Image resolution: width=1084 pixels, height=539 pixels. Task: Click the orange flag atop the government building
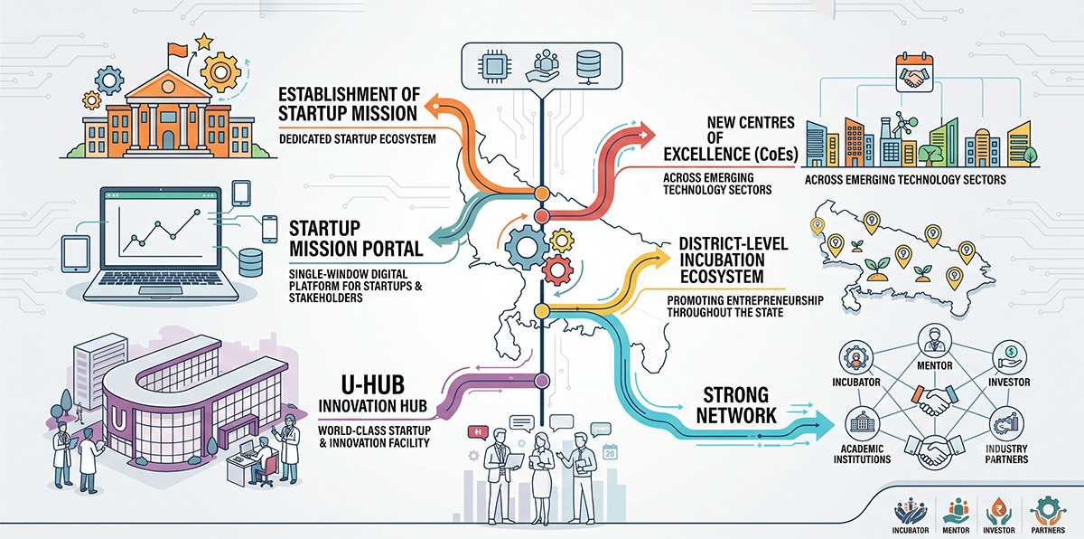click(x=177, y=50)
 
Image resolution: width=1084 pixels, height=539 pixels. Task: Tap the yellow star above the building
click(x=204, y=42)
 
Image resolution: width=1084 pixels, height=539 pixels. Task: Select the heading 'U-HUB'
click(x=372, y=385)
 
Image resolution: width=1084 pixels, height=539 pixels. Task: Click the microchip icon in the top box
click(x=494, y=65)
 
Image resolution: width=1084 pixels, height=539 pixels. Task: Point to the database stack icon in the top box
click(x=588, y=66)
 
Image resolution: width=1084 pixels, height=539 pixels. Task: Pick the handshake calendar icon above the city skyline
click(x=914, y=73)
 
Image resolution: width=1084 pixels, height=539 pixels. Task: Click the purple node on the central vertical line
click(x=541, y=381)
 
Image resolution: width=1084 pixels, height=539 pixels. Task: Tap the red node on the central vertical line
click(x=541, y=216)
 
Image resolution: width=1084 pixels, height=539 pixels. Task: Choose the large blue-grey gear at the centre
click(x=526, y=248)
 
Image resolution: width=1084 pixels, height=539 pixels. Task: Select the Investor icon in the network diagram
click(x=1009, y=357)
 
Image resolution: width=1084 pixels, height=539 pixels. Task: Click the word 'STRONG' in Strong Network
click(x=735, y=395)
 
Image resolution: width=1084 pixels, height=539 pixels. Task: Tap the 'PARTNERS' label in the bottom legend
click(x=1048, y=530)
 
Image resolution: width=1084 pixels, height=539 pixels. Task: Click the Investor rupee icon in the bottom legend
click(x=998, y=511)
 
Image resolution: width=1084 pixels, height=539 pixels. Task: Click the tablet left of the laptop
click(x=76, y=254)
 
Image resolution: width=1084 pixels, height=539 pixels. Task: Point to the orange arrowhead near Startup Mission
click(x=434, y=106)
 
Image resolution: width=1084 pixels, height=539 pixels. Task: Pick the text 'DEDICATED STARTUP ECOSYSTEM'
click(x=358, y=139)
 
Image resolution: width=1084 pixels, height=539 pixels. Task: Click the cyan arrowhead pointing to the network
click(x=824, y=425)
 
